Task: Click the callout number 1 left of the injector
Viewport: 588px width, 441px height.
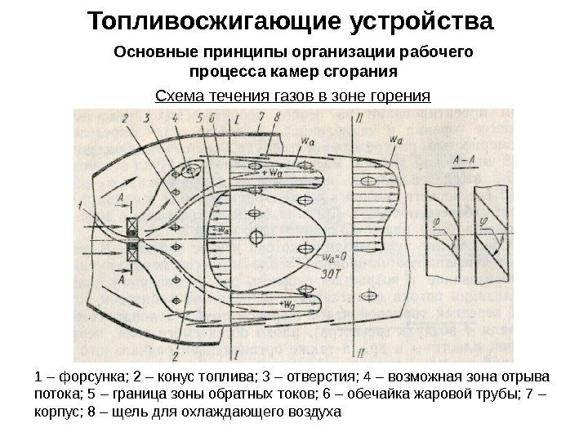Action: point(80,207)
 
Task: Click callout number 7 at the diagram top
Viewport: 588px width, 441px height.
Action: point(259,118)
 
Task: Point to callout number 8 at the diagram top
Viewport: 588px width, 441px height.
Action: point(276,118)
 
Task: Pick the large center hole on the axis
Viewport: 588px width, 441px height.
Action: point(256,237)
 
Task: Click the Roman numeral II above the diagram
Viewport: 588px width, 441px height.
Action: point(359,119)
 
